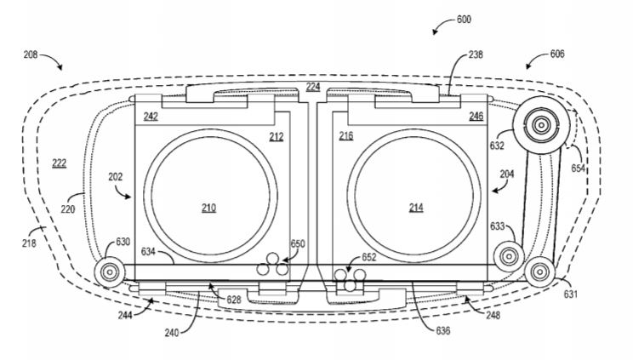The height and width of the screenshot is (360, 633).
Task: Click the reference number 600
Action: tap(464, 20)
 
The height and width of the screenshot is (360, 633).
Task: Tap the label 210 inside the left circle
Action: tap(208, 208)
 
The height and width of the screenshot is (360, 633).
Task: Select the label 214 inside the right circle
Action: tap(416, 208)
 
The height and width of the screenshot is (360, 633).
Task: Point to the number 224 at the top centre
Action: tap(313, 87)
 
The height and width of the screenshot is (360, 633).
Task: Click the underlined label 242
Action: tap(151, 117)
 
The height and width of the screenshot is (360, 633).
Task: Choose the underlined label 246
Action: tap(476, 116)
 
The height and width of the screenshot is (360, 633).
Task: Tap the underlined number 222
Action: tap(59, 163)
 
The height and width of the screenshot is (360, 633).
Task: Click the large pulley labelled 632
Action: tap(541, 125)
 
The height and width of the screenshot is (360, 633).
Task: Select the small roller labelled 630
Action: tap(110, 271)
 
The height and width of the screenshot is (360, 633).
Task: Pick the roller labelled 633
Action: tap(509, 256)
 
